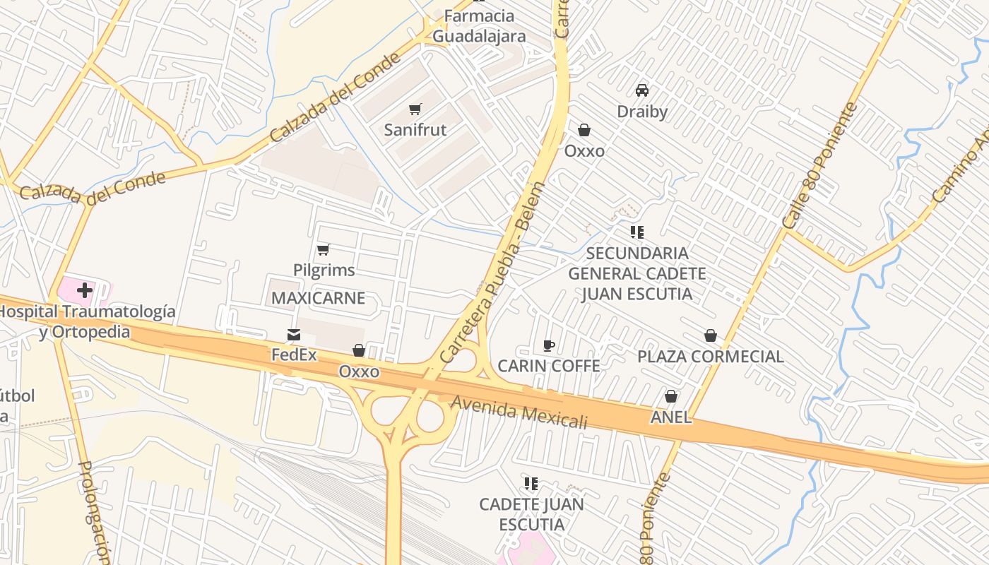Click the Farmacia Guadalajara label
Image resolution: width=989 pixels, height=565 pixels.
(x=479, y=26)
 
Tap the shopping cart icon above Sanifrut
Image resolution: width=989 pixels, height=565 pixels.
(x=415, y=109)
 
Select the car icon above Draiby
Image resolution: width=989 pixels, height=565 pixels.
(x=642, y=90)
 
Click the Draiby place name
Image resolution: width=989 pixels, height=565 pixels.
(x=642, y=112)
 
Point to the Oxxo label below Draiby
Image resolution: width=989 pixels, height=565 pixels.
(x=584, y=151)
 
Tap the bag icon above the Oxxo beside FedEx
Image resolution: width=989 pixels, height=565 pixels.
(x=359, y=350)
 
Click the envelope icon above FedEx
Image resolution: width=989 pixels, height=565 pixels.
(x=294, y=334)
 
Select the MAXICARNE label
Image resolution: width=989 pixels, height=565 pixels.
(x=318, y=298)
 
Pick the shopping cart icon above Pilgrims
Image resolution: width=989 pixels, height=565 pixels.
(x=324, y=249)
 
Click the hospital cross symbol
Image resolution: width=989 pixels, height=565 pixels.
(x=85, y=290)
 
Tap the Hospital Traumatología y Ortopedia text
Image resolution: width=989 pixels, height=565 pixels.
(x=85, y=321)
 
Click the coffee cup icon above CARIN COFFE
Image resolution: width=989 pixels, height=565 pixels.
(x=549, y=345)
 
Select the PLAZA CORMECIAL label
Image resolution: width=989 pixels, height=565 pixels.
(x=710, y=357)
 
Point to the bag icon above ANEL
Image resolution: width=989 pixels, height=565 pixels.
(x=671, y=396)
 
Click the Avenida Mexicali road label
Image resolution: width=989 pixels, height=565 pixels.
(x=519, y=412)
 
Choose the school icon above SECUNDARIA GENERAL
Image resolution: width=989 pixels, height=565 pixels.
(x=637, y=232)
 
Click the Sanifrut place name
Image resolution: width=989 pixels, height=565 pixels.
(x=415, y=130)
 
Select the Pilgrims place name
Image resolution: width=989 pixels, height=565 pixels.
(x=324, y=270)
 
